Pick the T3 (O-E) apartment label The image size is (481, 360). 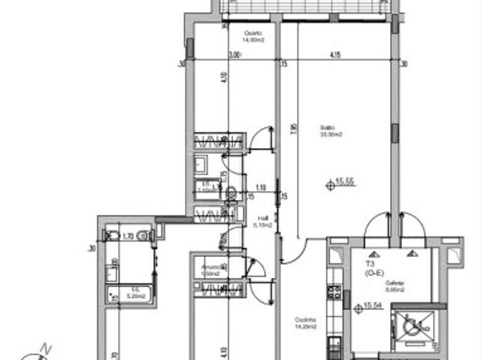point(374,269)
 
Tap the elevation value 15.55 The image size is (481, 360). point(345,181)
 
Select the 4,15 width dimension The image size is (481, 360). point(335,55)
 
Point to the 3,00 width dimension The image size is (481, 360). point(234,55)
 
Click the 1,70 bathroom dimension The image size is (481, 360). point(128,235)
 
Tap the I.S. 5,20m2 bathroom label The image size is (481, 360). point(135,294)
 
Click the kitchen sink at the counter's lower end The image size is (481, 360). point(334,348)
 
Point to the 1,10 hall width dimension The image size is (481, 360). point(261,188)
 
